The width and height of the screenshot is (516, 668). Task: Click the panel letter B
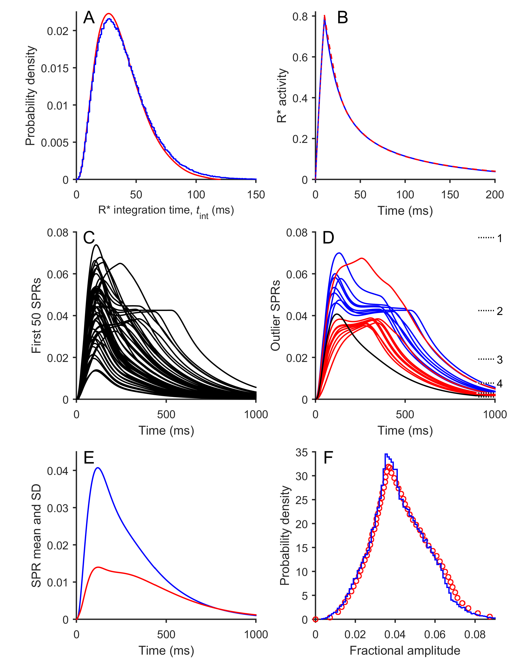(342, 18)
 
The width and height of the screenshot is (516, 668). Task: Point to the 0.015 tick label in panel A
(55, 68)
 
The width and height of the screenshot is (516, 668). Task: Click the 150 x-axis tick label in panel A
(256, 195)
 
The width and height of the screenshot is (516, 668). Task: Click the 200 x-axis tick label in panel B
(495, 195)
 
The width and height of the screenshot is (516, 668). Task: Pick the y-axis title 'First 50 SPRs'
(36, 316)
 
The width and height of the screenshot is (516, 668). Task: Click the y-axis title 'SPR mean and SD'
(36, 536)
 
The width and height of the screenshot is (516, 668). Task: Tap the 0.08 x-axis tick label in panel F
(475, 635)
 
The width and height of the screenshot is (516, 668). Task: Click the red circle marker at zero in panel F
(315, 619)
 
